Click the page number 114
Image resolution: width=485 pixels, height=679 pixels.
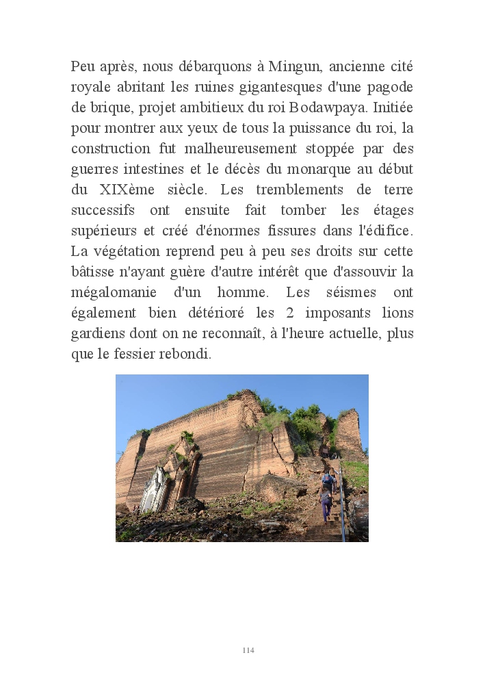point(248,650)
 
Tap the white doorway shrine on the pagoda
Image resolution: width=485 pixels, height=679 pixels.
point(154,491)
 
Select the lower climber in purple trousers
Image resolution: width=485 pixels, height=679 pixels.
point(326,506)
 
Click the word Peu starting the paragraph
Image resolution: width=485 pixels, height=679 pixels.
point(82,67)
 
